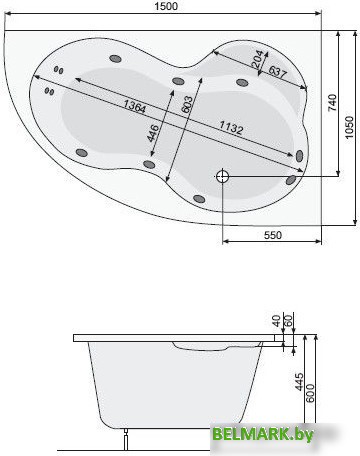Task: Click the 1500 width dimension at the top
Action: click(x=167, y=8)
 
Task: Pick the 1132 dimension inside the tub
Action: click(x=235, y=128)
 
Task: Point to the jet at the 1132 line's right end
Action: click(x=299, y=155)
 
